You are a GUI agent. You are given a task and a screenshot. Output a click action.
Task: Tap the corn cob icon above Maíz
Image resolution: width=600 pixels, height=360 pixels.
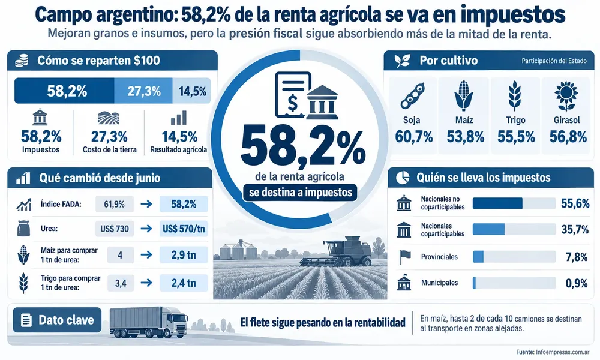pos(464,95)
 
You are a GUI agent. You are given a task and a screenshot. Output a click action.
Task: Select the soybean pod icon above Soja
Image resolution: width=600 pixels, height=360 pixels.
pos(413,95)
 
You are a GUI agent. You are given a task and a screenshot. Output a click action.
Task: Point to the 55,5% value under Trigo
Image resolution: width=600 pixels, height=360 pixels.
pos(516,137)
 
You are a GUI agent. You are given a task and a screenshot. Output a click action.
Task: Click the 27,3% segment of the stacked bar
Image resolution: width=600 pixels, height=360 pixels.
pos(143,91)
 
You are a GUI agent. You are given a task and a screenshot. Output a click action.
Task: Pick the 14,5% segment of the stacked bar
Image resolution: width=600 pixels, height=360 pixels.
pos(192,91)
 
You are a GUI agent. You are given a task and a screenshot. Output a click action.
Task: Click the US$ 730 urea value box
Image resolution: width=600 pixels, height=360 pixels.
pos(115,229)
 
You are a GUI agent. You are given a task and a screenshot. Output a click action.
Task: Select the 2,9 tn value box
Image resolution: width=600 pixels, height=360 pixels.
pos(184,255)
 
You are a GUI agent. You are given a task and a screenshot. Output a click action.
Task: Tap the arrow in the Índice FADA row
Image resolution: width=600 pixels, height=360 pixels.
pos(146,204)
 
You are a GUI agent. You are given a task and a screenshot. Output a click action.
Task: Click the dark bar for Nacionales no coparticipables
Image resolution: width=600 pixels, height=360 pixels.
pos(497,203)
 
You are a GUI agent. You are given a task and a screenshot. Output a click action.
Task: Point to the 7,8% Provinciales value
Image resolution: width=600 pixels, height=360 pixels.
pos(576,257)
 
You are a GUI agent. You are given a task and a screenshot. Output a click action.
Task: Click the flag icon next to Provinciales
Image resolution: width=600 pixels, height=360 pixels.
pos(404,257)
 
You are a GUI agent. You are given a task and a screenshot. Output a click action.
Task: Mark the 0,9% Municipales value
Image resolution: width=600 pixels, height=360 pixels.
pos(576,283)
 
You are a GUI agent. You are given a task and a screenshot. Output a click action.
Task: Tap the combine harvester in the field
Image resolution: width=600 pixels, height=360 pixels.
pos(336,251)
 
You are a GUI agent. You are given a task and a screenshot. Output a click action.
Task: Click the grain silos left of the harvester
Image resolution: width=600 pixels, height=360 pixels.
pos(238,250)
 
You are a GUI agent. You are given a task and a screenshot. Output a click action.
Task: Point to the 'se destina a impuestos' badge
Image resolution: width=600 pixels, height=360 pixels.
pos(301,193)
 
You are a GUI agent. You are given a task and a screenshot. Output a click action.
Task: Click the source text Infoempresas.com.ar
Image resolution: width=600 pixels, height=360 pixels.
pos(563,352)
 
